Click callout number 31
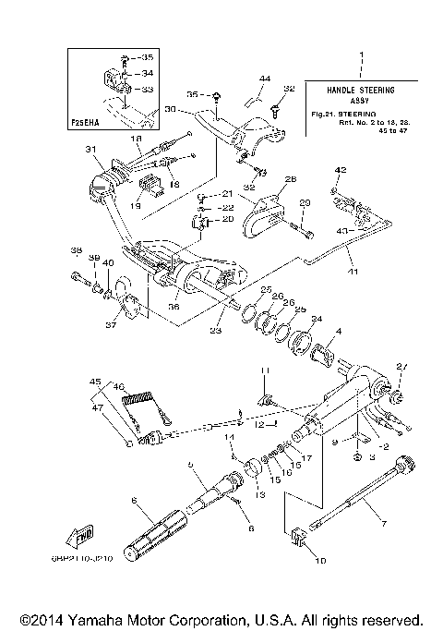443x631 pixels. tap(90, 151)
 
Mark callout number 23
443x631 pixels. tap(215, 330)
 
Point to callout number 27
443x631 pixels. tap(401, 367)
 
